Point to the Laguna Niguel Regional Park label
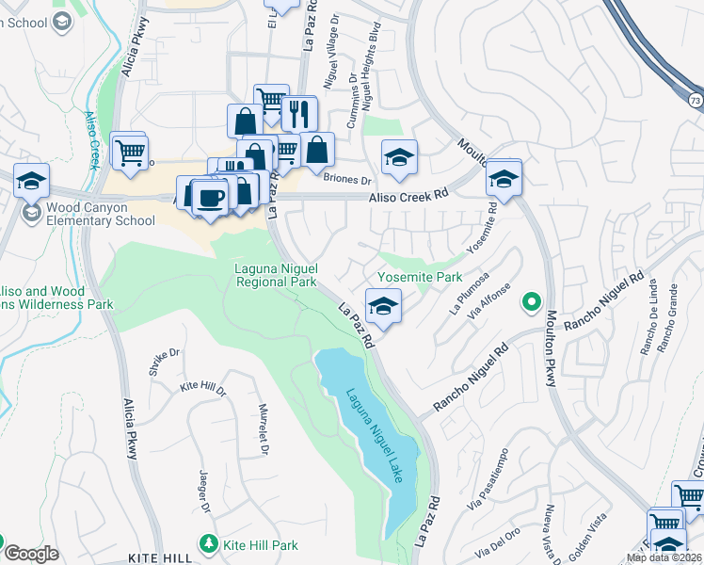point(275,275)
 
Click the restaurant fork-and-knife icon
point(299,114)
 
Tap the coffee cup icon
point(212,197)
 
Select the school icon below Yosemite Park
point(383,306)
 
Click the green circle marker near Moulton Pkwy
point(532,302)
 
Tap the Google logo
point(32,554)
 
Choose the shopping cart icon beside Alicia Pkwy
point(129,151)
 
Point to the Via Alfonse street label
point(494,300)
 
